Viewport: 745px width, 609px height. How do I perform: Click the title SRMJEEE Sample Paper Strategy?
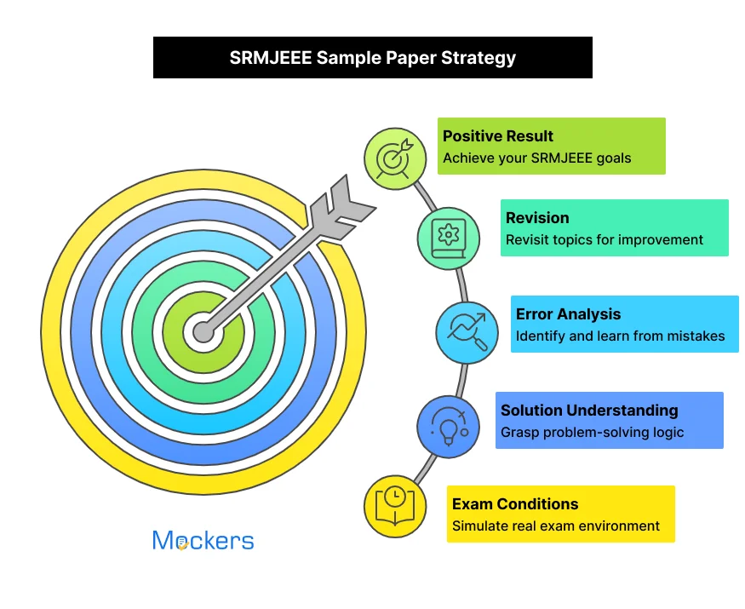click(x=372, y=58)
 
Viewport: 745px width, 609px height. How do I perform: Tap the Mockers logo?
click(x=203, y=541)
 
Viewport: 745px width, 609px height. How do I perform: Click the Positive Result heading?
click(x=498, y=136)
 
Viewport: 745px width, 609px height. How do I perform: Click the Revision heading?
click(x=537, y=218)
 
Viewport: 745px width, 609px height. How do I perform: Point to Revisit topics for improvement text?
click(x=605, y=239)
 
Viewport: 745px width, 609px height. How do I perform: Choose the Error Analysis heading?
click(x=568, y=314)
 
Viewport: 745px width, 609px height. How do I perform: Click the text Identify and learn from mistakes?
click(x=620, y=336)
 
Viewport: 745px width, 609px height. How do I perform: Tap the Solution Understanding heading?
click(x=589, y=411)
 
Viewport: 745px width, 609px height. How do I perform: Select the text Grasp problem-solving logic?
click(x=592, y=432)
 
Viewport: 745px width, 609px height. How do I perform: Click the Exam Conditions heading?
click(x=515, y=504)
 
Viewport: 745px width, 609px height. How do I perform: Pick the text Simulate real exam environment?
click(x=556, y=526)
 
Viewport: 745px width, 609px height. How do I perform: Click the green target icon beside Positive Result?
click(x=395, y=158)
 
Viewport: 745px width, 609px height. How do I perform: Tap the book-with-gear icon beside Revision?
click(x=448, y=238)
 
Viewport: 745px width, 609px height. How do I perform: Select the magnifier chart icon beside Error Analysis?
click(x=467, y=332)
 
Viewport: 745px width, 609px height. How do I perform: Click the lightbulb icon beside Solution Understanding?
click(x=448, y=427)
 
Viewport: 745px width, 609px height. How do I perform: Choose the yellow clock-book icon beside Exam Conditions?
click(x=395, y=505)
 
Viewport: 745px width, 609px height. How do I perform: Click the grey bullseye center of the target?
click(x=203, y=331)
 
